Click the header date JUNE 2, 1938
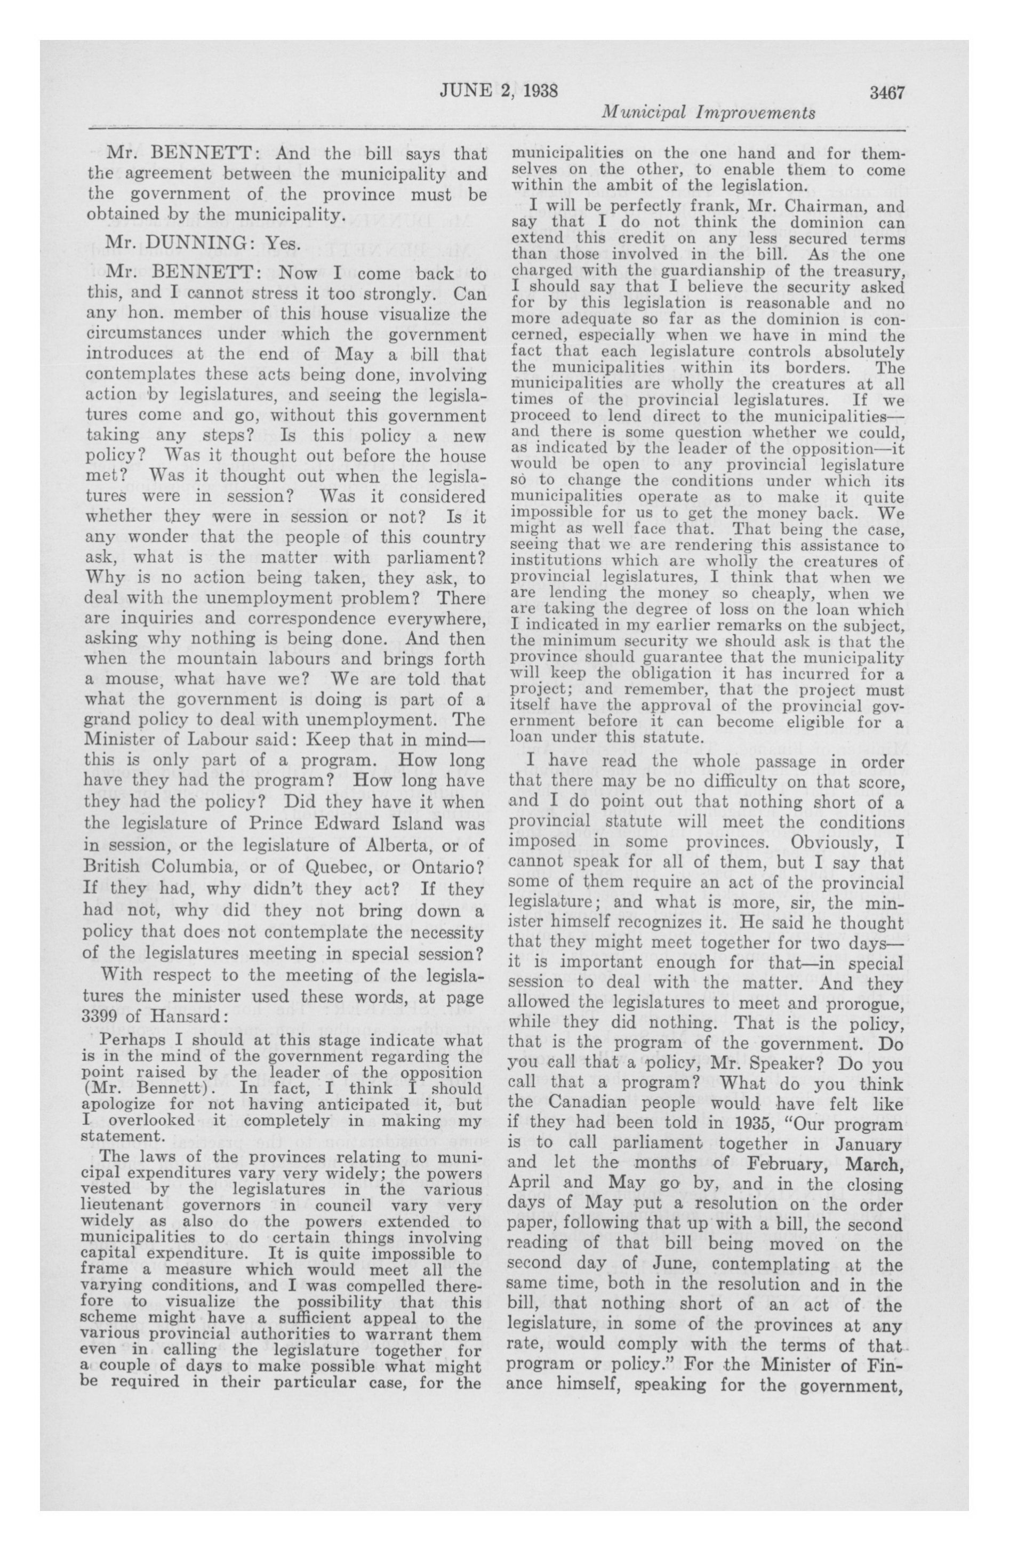coord(498,91)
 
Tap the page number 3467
coord(886,92)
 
